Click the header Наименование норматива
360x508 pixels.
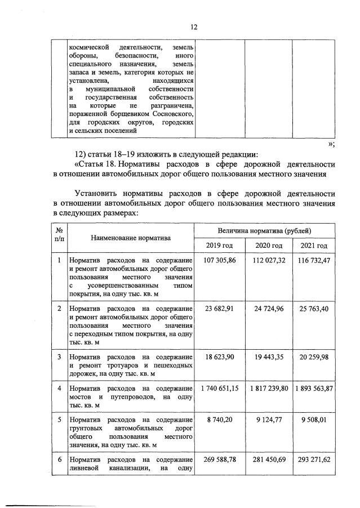click(x=131, y=238)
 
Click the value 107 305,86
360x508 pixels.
click(x=220, y=260)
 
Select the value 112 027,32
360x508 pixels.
click(x=269, y=260)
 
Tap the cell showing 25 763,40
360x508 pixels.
click(x=314, y=308)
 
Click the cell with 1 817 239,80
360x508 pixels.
click(x=269, y=388)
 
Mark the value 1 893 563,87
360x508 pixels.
click(x=314, y=388)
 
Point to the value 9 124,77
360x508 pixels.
click(x=269, y=420)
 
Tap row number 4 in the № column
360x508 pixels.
click(x=59, y=388)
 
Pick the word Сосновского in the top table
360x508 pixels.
click(x=174, y=113)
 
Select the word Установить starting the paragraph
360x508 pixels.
click(x=98, y=194)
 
